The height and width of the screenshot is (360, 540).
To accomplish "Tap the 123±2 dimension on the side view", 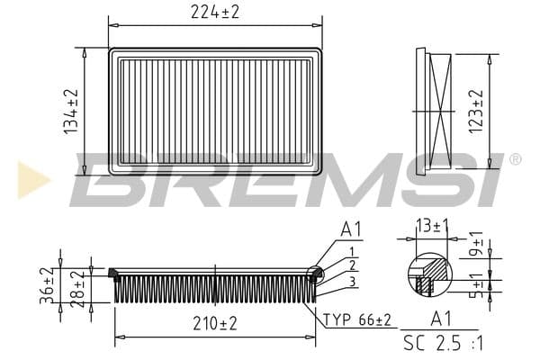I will tap(477, 111).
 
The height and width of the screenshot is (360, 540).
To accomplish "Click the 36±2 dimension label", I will tap(47, 283).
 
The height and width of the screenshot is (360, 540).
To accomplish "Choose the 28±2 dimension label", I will tap(78, 284).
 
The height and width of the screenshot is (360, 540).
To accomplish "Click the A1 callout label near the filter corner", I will tap(350, 231).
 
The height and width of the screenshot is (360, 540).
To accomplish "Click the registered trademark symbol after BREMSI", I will tap(515, 160).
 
